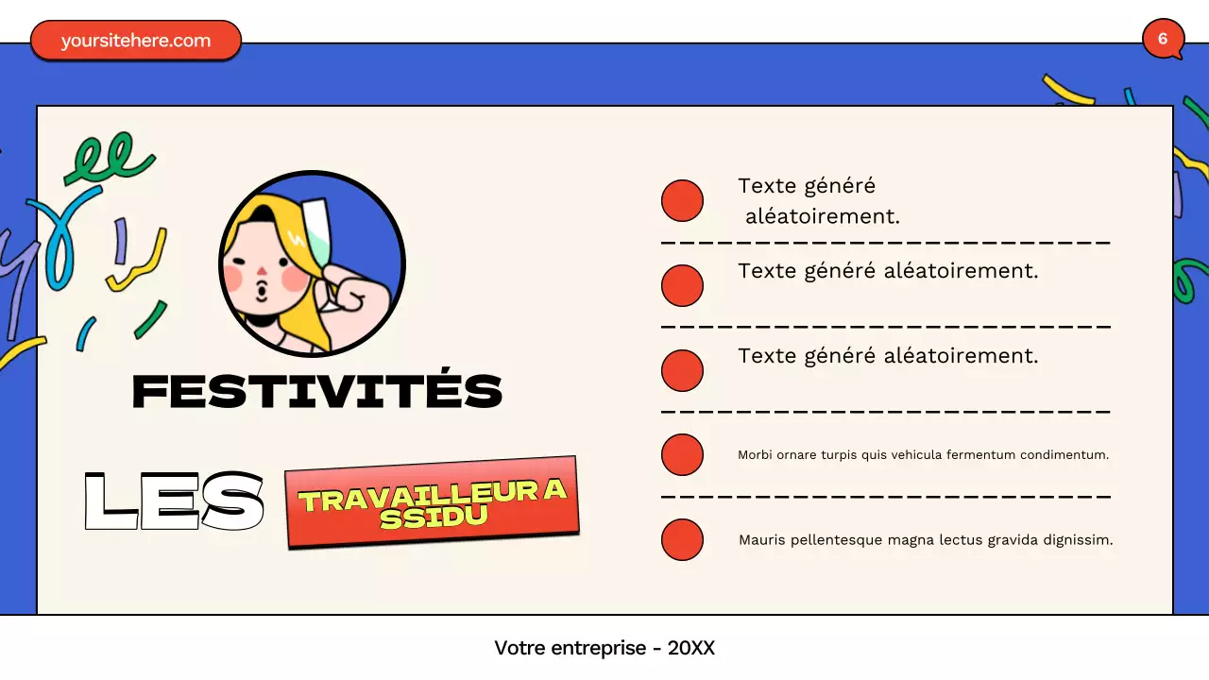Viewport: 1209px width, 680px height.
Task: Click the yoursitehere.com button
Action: point(136,41)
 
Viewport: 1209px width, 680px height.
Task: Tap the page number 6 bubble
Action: point(1162,39)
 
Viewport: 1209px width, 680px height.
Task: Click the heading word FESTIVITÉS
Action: point(316,391)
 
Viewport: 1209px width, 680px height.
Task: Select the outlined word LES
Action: point(174,501)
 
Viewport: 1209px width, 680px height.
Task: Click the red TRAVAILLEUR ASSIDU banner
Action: point(432,501)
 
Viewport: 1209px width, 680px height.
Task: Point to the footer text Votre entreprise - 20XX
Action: point(604,648)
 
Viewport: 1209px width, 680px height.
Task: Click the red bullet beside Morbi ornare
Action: point(682,454)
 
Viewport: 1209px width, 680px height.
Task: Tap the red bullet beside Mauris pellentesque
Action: point(682,539)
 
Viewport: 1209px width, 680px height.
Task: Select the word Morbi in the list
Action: point(755,455)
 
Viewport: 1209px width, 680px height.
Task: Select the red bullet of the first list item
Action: point(682,200)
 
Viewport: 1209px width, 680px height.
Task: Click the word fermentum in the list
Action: point(982,455)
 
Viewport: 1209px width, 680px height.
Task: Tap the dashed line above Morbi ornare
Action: point(885,412)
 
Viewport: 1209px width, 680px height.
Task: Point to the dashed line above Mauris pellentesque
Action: point(885,496)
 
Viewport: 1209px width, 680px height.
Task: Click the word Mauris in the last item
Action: point(760,540)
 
